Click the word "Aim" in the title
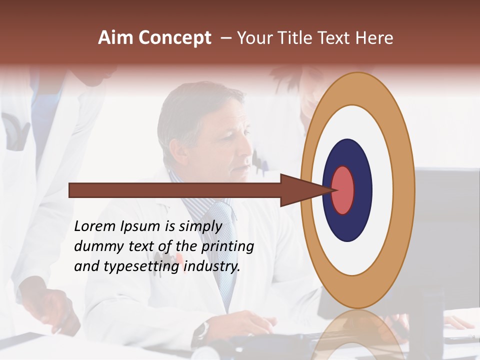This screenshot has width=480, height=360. pyautogui.click(x=116, y=38)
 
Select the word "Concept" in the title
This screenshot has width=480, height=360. pyautogui.click(x=175, y=38)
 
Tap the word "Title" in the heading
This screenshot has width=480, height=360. pyautogui.click(x=296, y=38)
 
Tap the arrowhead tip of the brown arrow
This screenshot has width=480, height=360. pyautogui.click(x=334, y=190)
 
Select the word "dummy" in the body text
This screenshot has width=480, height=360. pyautogui.click(x=95, y=246)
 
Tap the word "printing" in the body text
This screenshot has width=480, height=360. pyautogui.click(x=227, y=247)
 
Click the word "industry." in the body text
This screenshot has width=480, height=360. pyautogui.click(x=212, y=266)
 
